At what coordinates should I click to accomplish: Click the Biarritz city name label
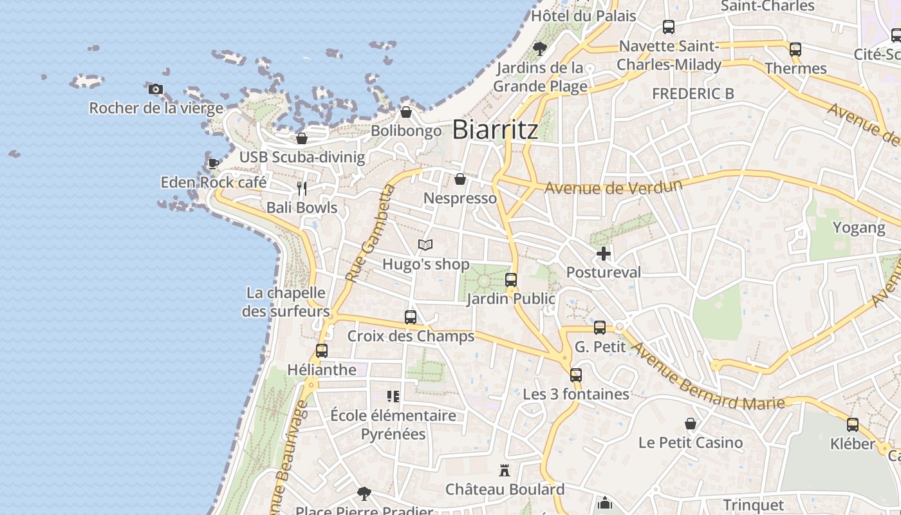(495, 129)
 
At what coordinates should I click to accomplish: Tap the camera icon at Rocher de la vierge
(155, 89)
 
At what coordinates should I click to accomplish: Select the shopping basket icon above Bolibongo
(406, 113)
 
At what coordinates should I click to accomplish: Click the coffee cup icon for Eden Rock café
(213, 164)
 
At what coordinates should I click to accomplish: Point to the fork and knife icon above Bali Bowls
(302, 189)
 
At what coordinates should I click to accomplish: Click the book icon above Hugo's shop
(425, 245)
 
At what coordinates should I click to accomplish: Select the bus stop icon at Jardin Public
(511, 280)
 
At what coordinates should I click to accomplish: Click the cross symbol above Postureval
(603, 254)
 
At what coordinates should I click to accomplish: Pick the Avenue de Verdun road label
(613, 187)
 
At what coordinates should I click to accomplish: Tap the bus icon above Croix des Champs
(411, 317)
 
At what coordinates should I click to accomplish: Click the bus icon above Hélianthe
(322, 351)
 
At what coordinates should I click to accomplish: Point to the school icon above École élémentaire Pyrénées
(393, 397)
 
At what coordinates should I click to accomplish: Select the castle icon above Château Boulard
(505, 471)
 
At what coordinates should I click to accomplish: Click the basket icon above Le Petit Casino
(691, 424)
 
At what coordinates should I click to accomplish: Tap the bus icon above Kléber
(853, 425)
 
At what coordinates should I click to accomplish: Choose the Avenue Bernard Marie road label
(708, 377)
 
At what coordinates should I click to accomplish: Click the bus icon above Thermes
(795, 50)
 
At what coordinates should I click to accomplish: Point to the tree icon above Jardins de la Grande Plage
(540, 48)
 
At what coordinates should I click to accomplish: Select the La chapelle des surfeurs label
(286, 302)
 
